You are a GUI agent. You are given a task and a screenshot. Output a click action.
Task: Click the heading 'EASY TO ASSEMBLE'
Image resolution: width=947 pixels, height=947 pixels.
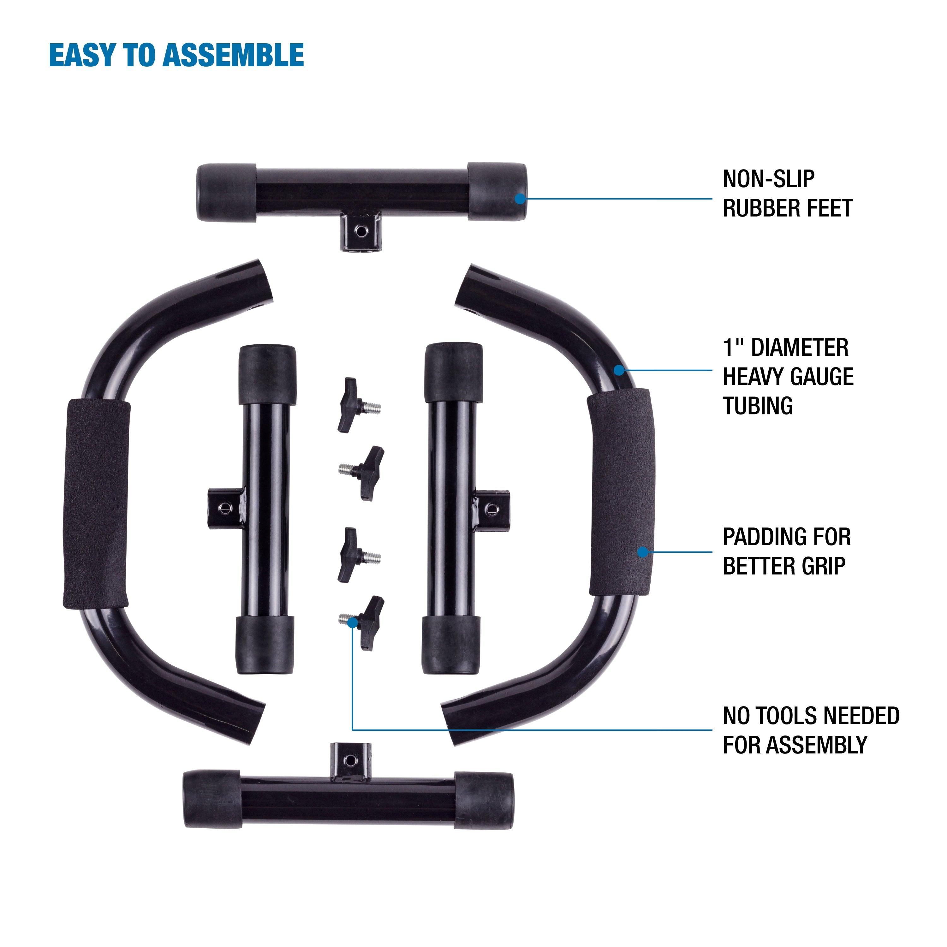point(176,55)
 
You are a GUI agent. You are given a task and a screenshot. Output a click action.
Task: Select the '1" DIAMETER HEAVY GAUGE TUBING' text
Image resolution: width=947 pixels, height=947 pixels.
point(787,377)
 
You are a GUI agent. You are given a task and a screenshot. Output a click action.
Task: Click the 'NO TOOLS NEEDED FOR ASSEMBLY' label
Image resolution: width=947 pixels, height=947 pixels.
point(810,730)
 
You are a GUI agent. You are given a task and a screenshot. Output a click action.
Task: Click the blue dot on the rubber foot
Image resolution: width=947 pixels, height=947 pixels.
point(520,199)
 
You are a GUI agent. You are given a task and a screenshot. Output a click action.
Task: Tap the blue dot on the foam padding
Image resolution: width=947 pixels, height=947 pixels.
point(642,552)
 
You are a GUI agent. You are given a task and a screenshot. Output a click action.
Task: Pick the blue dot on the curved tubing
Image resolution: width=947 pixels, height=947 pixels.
point(620,370)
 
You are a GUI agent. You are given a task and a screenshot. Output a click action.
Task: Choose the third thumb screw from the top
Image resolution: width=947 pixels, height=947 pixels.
point(356,555)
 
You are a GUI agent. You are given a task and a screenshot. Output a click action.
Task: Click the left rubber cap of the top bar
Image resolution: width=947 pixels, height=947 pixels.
point(226,193)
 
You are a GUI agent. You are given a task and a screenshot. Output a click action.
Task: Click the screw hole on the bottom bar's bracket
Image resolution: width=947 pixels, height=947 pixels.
point(350,760)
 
